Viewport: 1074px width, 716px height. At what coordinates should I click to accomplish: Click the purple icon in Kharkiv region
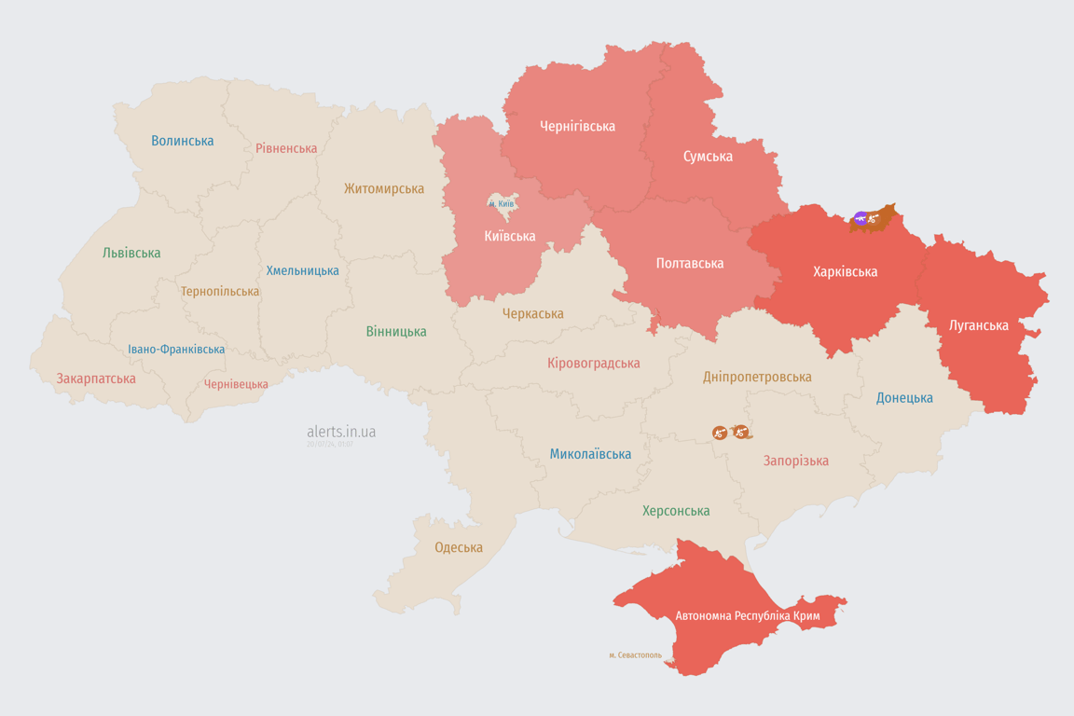pos(860,219)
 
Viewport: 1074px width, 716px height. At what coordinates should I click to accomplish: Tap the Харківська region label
pos(845,272)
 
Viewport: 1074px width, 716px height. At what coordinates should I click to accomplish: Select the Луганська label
pos(978,325)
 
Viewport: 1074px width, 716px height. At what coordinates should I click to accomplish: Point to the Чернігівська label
pos(577,126)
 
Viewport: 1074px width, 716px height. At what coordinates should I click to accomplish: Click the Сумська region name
pos(708,157)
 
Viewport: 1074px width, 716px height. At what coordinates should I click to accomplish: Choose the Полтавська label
pos(689,264)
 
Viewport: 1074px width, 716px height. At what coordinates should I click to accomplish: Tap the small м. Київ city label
pos(502,203)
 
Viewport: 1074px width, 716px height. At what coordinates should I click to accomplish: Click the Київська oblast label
pos(510,237)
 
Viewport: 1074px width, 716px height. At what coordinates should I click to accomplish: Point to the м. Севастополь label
pos(635,655)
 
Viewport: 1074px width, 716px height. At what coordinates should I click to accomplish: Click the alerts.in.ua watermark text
pos(341,432)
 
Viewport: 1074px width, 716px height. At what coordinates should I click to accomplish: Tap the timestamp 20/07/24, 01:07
pos(330,445)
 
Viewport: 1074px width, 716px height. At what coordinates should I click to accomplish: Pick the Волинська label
pos(183,141)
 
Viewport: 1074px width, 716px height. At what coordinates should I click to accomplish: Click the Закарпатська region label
pos(96,379)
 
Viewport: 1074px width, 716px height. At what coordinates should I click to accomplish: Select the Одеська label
pos(459,547)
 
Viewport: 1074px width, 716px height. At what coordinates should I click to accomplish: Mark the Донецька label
pos(904,398)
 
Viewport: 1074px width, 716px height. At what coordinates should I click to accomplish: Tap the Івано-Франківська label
pos(176,350)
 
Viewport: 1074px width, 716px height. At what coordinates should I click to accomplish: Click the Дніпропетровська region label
pos(757,378)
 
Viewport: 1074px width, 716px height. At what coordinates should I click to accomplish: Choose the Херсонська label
pos(676,511)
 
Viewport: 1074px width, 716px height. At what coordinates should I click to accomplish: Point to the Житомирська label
pos(384,189)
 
